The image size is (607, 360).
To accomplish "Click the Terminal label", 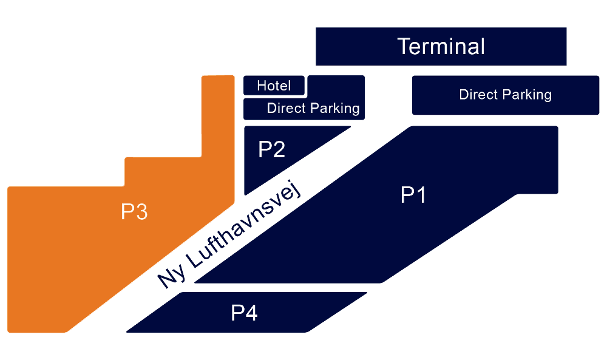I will pyautogui.click(x=441, y=47).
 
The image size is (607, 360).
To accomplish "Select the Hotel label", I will pyautogui.click(x=274, y=86).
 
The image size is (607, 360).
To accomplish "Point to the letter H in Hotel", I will pyautogui.click(x=262, y=86).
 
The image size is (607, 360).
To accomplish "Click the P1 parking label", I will pyautogui.click(x=414, y=195).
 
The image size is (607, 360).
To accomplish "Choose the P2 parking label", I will pyautogui.click(x=272, y=149).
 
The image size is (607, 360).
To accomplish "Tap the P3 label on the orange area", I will pyautogui.click(x=134, y=212).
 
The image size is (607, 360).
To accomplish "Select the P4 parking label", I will pyautogui.click(x=245, y=313).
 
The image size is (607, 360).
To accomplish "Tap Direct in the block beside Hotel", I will pyautogui.click(x=285, y=109).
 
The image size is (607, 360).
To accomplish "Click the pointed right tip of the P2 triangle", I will pyautogui.click(x=349, y=127).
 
